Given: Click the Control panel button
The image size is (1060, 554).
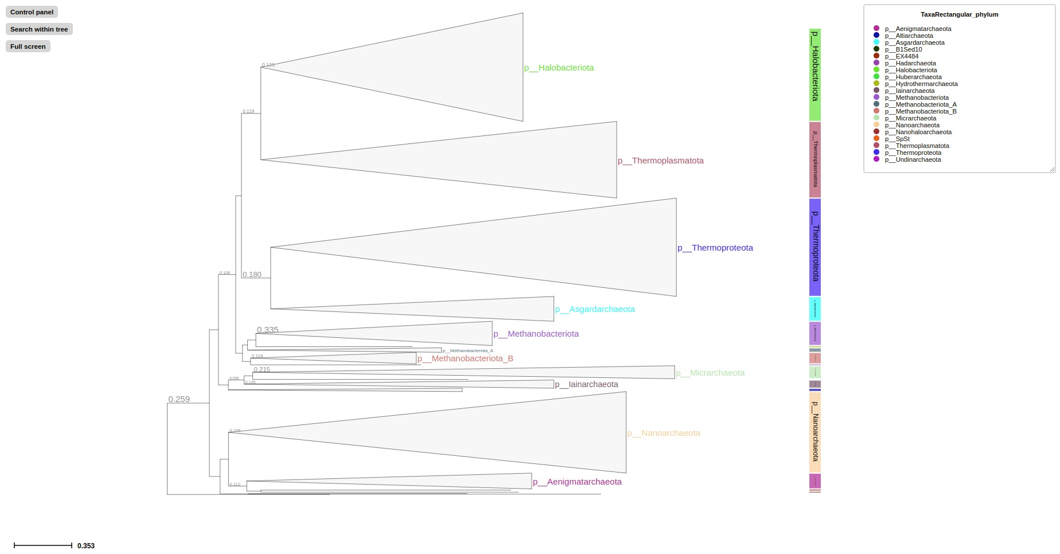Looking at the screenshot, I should point(32,12).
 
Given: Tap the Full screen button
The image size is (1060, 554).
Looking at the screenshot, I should point(28,46).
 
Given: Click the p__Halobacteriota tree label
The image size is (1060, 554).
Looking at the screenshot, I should point(559,68).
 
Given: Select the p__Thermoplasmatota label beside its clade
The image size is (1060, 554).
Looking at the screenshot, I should point(660,161).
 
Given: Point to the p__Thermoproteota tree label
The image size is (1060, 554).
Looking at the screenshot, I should point(715,248).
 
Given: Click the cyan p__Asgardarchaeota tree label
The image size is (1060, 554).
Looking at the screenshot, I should point(595,309).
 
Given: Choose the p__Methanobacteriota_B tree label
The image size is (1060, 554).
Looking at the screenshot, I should point(465,358).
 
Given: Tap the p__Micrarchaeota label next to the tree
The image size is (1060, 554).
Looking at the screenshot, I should point(710,373).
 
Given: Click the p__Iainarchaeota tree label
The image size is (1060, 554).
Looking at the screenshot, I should point(586,384).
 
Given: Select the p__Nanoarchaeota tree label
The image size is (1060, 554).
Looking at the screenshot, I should point(664,433).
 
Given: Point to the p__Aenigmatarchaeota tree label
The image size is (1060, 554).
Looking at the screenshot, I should point(577,482).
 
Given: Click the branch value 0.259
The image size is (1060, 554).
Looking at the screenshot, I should point(179,399).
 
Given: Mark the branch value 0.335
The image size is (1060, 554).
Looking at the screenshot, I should point(267,330).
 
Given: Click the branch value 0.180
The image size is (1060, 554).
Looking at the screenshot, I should point(251,275).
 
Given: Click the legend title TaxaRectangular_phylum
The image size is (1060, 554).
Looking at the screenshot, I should point(959,14).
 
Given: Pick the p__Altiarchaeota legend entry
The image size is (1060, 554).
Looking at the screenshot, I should point(909,36).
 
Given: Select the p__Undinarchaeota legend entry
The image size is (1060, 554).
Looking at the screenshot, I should point(913,159).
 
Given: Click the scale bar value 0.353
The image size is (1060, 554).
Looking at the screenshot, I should point(86,546).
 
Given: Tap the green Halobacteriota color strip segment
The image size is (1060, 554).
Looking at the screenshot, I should point(815,75).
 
